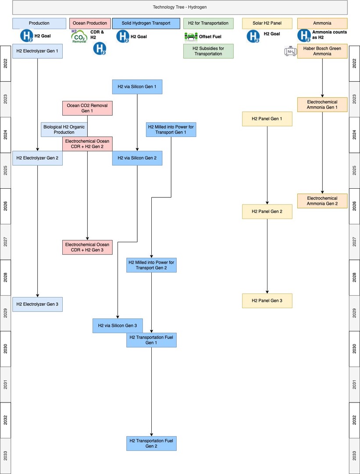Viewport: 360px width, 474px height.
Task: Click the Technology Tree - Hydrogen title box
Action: click(180, 7)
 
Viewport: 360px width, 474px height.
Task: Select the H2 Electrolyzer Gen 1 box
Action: click(37, 51)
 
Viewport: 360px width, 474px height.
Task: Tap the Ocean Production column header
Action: click(90, 23)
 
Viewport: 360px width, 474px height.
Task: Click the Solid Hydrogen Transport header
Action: click(146, 23)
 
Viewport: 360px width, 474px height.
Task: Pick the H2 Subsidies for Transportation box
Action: click(208, 51)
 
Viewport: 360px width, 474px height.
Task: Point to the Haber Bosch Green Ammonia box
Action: click(322, 51)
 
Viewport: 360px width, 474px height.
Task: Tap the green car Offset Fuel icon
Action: click(190, 37)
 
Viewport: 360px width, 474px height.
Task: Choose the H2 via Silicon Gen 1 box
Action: click(137, 87)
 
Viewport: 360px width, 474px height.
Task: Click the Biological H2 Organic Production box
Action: click(64, 129)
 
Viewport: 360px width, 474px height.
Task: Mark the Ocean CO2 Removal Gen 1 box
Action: click(87, 108)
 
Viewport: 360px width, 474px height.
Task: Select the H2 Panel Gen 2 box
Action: click(267, 212)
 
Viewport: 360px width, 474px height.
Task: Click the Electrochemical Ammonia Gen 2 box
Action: click(322, 201)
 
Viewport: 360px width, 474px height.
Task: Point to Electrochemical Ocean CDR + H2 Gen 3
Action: click(87, 247)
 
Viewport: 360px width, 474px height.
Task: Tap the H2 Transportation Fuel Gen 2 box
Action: click(151, 443)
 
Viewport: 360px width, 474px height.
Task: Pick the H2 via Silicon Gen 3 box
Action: click(118, 326)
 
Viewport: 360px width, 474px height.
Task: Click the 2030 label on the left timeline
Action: click(5, 349)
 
